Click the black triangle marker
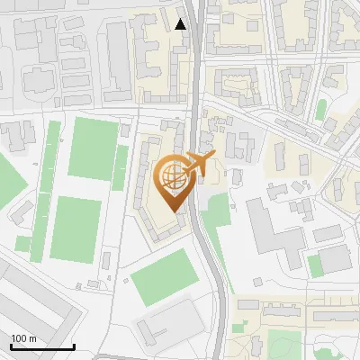[x=182, y=24]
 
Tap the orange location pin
[x=174, y=184]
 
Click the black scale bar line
[x=42, y=347]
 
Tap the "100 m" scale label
[x=23, y=338]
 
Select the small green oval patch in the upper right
[x=321, y=110]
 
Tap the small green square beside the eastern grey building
[x=314, y=265]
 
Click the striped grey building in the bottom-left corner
[x=36, y=306]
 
